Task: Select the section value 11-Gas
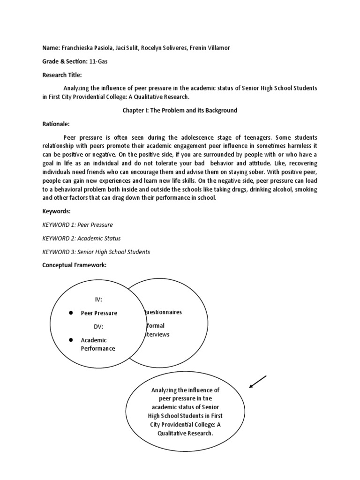coord(99,62)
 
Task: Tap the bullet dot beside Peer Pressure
coord(69,313)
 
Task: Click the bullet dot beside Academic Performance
coord(69,340)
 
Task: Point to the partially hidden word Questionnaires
coord(162,312)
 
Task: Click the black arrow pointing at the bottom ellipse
coord(258,382)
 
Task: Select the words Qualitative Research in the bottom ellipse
coord(186,434)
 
